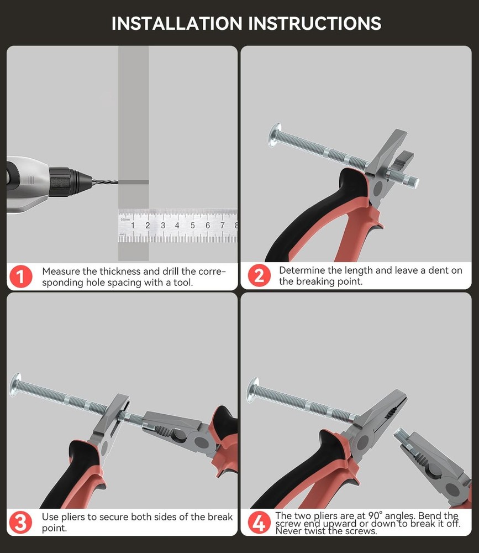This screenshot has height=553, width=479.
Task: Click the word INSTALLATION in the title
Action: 177,24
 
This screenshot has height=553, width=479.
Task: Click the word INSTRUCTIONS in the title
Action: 315,24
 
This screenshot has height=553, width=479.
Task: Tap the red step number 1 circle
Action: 20,276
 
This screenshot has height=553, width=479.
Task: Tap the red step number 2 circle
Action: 259,275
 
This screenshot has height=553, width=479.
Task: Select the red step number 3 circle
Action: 20,523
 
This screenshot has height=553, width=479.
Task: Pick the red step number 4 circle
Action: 259,523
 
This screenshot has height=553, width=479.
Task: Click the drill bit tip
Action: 118,182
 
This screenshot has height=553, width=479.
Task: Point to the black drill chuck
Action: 67,182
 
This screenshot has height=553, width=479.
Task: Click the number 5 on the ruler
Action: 192,226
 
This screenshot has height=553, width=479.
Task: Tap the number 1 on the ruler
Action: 133,226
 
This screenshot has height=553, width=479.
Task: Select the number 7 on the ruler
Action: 223,226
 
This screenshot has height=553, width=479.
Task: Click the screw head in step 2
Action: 274,135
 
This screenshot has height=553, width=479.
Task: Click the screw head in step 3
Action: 15,384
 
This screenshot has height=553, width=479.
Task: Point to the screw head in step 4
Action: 252,390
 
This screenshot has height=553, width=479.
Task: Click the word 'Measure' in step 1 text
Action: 61,271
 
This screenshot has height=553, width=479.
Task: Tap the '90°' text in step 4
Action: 375,515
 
